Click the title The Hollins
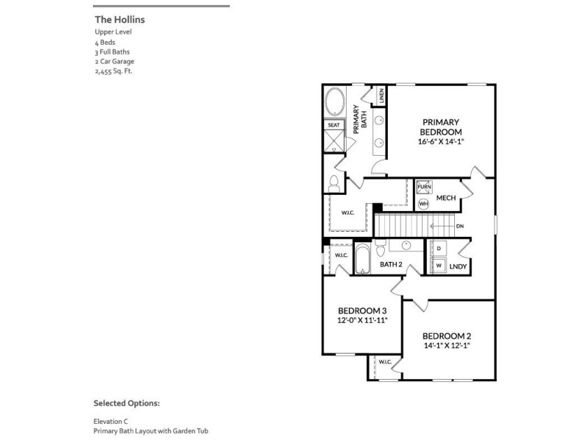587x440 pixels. [x=119, y=20]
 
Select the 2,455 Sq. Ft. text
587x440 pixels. [x=113, y=71]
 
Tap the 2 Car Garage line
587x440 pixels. [x=114, y=61]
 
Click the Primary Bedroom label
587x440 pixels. [x=441, y=127]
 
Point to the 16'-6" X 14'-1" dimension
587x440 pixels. [x=441, y=141]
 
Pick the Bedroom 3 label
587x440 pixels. [x=362, y=311]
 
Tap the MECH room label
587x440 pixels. [x=446, y=198]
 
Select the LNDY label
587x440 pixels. [x=458, y=267]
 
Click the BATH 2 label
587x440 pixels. [x=391, y=265]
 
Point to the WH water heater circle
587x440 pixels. [x=423, y=203]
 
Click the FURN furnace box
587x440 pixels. [x=424, y=187]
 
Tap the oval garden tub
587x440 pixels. [x=334, y=103]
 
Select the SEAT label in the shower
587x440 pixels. [x=334, y=125]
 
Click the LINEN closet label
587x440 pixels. [x=382, y=96]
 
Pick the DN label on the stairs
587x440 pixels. [x=460, y=226]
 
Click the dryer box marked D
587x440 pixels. [x=439, y=249]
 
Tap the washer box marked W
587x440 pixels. [x=439, y=266]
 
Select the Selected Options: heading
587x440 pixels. [x=126, y=404]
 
